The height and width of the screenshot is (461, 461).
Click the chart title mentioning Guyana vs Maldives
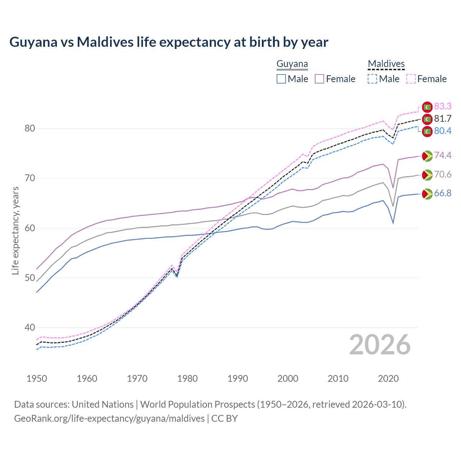[x=169, y=42]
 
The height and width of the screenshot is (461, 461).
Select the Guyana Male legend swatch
[x=281, y=79]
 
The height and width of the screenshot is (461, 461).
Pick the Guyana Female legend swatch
[x=319, y=79]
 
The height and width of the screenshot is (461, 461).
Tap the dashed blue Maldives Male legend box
[x=372, y=79]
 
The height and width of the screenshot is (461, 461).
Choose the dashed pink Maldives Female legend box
[x=411, y=79]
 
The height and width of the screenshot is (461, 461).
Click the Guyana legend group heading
[x=292, y=64]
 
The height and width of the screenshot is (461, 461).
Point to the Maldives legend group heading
[x=386, y=64]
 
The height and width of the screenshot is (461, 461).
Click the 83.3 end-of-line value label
[x=443, y=106]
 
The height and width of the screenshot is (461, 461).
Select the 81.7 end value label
[x=443, y=119]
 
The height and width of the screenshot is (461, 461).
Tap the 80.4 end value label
[x=443, y=131]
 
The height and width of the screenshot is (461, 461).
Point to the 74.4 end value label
[x=443, y=155]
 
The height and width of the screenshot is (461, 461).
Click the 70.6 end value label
[x=443, y=175]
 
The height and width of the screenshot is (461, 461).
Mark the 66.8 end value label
[x=443, y=193]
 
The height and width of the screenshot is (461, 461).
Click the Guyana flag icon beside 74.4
[x=427, y=156]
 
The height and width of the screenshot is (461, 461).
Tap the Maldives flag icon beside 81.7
[x=427, y=119]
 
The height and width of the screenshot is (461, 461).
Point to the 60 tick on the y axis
[x=30, y=228]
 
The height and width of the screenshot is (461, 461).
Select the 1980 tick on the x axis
[x=188, y=379]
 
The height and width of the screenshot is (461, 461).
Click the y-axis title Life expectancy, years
[x=15, y=230]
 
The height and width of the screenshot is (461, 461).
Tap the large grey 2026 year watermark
[x=380, y=345]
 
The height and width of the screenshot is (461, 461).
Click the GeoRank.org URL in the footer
[x=109, y=419]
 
